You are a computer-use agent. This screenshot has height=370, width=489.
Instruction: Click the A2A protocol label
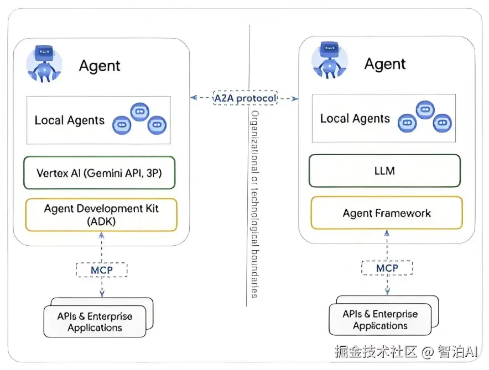tap(245, 98)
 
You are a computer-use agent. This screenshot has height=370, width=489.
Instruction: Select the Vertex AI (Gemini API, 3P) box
tap(100, 172)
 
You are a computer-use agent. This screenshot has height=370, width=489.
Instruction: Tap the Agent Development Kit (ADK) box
tap(102, 215)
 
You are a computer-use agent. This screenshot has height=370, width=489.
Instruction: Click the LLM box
tap(384, 171)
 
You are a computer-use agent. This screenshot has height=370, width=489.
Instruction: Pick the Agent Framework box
tap(387, 213)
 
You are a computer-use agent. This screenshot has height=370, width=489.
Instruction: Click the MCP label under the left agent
tap(102, 270)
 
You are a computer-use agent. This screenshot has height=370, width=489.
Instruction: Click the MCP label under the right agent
tap(387, 268)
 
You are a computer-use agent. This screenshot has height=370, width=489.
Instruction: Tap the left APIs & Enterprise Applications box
tap(95, 322)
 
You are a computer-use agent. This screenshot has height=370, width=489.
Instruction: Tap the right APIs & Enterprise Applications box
tap(380, 320)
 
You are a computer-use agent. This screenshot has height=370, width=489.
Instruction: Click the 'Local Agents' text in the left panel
tap(69, 120)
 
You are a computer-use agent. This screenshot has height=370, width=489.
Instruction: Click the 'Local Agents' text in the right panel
tap(355, 119)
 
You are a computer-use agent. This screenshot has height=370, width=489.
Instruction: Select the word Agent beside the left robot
tap(100, 66)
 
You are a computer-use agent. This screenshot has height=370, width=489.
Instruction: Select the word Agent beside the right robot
tap(385, 64)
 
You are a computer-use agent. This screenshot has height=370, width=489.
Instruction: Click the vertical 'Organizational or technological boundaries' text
tap(254, 204)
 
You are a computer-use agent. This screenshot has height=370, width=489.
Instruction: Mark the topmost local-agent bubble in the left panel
tap(139, 111)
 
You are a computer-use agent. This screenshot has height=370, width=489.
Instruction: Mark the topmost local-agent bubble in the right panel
tap(425, 109)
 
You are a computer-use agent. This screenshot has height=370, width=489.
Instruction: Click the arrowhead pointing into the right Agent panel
tap(295, 99)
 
